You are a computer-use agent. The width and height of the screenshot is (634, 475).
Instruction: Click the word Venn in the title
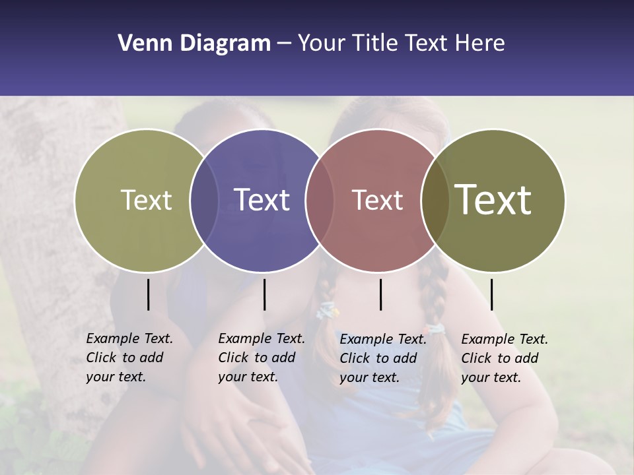click(146, 44)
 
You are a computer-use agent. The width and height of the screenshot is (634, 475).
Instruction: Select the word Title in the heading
click(374, 44)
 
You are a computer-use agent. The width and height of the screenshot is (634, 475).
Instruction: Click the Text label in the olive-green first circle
click(146, 200)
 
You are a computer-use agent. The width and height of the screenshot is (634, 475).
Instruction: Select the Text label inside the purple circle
click(262, 200)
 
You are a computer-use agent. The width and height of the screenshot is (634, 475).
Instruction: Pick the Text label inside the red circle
click(377, 200)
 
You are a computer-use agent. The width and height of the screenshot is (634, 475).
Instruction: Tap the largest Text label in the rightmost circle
click(493, 200)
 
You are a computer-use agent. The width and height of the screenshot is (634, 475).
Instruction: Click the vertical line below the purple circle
click(264, 294)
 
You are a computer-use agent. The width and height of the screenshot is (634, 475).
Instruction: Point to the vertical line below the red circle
click(380, 294)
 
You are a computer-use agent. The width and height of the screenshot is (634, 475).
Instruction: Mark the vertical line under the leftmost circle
click(148, 294)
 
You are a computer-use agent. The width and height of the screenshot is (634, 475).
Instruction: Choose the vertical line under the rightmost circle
click(491, 294)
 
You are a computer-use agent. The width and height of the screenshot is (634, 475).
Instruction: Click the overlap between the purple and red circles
click(320, 200)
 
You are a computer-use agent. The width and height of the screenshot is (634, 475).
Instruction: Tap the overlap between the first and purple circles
click(204, 200)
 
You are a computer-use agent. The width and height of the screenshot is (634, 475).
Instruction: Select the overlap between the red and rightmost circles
click(435, 200)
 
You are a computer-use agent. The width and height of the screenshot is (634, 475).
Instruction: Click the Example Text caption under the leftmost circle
click(129, 358)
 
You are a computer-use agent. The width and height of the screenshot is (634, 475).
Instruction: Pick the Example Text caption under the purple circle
click(261, 358)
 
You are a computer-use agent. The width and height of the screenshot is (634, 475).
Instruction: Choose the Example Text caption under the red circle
click(382, 358)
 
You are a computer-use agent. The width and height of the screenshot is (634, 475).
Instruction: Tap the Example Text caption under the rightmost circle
click(504, 358)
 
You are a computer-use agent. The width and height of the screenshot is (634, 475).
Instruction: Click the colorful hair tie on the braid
click(327, 310)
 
